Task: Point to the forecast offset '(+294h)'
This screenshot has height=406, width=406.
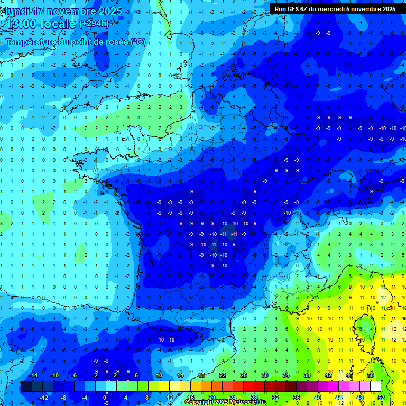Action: click(94, 24)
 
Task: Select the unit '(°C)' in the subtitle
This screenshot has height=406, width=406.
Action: click(137, 42)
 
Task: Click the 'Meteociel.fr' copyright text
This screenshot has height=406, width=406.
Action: click(247, 402)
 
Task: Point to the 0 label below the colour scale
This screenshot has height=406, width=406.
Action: click(105, 398)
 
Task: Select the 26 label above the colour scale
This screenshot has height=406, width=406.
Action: click(244, 375)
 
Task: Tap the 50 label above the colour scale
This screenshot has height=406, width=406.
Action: click(371, 375)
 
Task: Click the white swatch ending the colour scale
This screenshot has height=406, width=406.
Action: click(376, 386)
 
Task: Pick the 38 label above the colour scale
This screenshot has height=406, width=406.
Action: click(307, 375)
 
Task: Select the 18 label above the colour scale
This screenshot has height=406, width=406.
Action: click(201, 375)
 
